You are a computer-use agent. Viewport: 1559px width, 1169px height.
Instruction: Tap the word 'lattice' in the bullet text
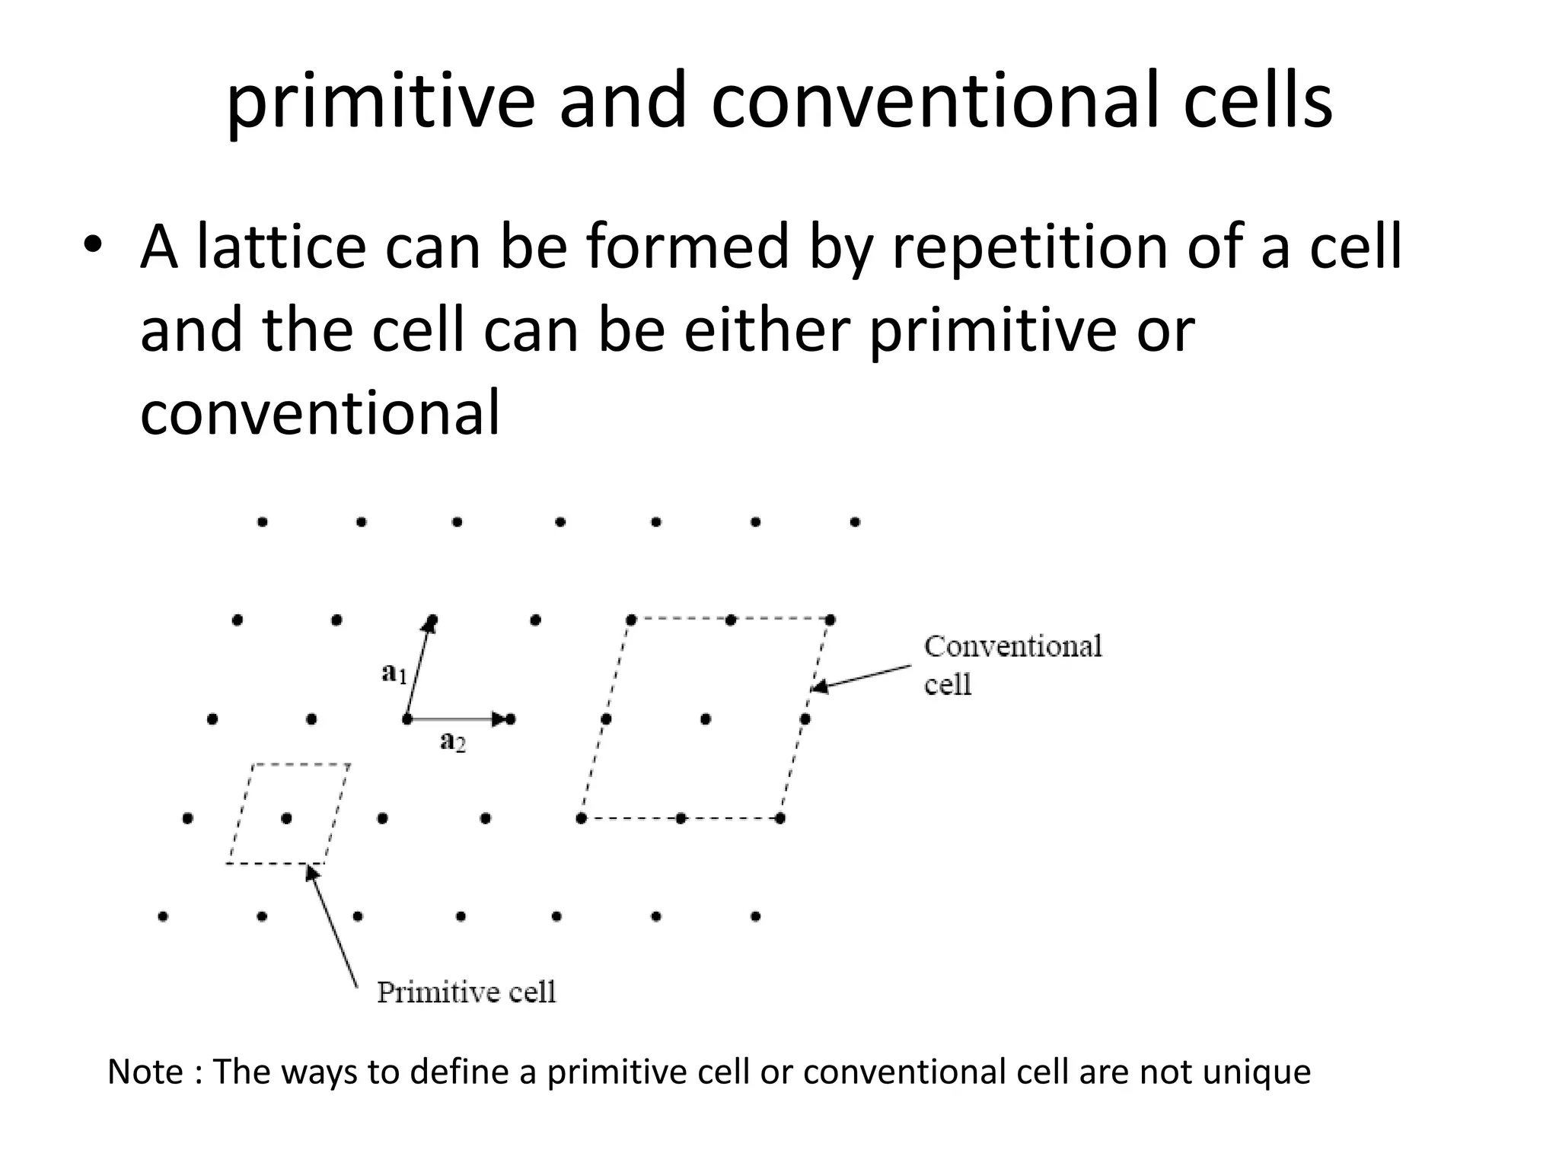281,247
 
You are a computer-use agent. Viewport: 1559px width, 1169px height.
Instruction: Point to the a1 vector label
394,673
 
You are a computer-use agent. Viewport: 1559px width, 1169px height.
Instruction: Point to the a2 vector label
453,740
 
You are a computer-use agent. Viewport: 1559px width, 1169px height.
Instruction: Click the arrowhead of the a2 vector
499,719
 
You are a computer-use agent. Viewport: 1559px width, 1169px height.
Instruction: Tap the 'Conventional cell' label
1012,664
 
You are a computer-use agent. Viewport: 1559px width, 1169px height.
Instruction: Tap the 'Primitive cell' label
466,992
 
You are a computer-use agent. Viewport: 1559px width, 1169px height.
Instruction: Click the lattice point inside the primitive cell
286,819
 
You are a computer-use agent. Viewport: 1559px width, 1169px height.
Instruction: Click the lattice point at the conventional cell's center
706,719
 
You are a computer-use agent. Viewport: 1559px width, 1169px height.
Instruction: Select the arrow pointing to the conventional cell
860,678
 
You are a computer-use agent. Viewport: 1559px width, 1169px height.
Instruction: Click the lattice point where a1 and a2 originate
407,719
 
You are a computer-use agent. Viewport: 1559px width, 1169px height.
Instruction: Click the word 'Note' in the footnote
145,1072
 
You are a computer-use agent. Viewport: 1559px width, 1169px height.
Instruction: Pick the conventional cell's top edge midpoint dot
731,620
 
